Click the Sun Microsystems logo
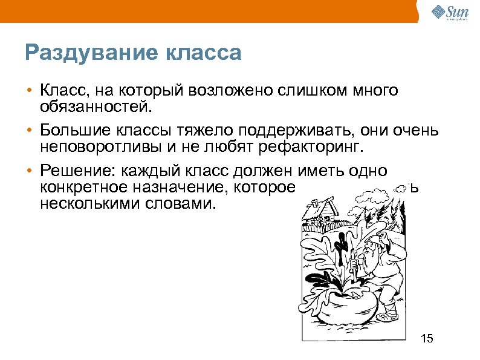pyautogui.click(x=450, y=11)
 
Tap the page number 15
pyautogui.click(x=427, y=338)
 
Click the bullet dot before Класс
pyautogui.click(x=29, y=92)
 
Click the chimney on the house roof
pyautogui.click(x=330, y=198)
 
